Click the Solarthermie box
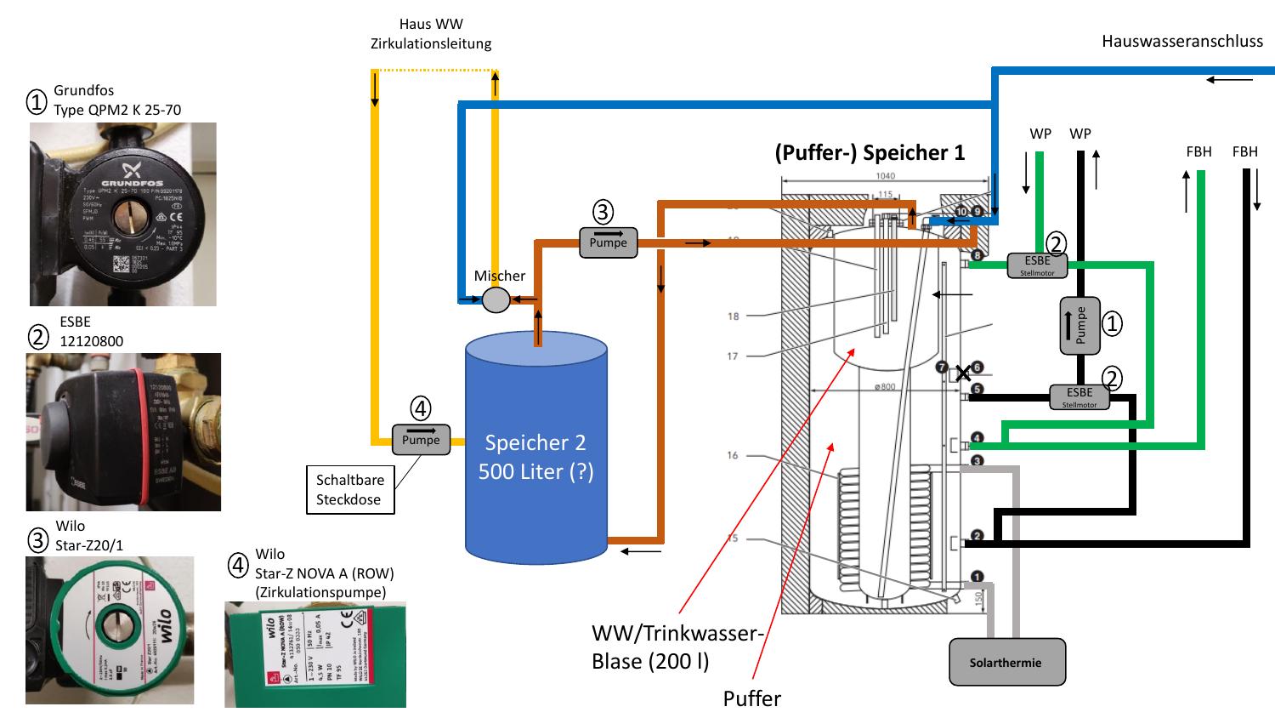click(1006, 662)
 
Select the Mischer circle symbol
click(496, 299)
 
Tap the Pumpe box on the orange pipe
click(608, 242)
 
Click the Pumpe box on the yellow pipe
click(421, 439)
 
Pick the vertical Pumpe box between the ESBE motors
click(1079, 326)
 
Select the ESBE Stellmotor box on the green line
click(1037, 265)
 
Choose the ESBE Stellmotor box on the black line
click(1079, 396)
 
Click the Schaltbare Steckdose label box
click(350, 489)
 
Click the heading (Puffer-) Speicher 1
click(870, 152)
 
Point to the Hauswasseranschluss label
click(1181, 41)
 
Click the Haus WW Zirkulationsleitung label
click(431, 34)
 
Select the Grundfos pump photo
click(123, 214)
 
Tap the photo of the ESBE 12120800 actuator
click(123, 432)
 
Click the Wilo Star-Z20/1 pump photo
click(110, 630)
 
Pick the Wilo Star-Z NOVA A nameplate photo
click(314, 654)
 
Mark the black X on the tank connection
click(962, 373)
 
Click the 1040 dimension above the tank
click(884, 176)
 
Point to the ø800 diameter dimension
click(884, 387)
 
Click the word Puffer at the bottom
click(751, 698)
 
